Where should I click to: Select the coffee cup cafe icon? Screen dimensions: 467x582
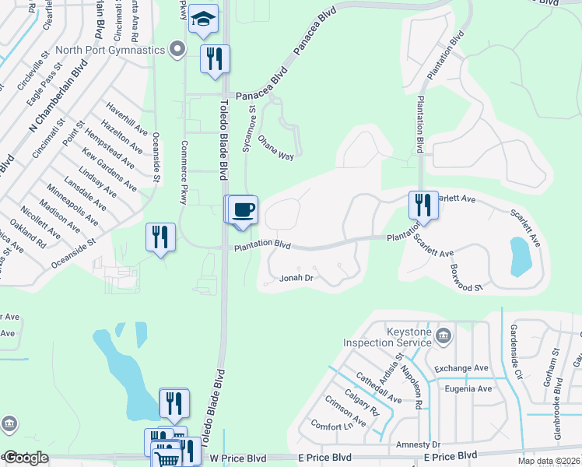[243, 209]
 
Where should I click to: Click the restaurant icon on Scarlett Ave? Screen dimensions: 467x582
[422, 205]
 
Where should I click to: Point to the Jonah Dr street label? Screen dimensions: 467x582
[296, 277]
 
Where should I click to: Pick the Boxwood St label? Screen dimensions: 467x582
[467, 276]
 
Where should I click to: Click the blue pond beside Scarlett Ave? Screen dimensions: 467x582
[519, 256]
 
